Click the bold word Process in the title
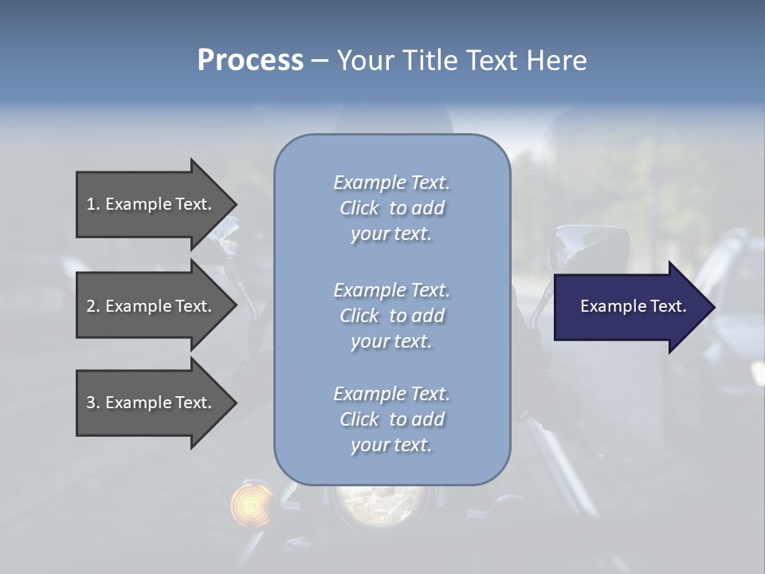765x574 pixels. pos(250,61)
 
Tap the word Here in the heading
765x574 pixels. pos(556,61)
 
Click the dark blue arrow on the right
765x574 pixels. pos(630,306)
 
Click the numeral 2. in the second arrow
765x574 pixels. pos(93,306)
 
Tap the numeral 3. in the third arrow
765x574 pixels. pos(93,403)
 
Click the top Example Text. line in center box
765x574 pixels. pos(391,183)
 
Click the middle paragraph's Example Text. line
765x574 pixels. pos(391,290)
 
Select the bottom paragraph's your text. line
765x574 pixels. pos(391,445)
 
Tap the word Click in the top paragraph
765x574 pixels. pos(359,208)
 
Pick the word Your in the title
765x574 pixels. pos(363,61)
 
